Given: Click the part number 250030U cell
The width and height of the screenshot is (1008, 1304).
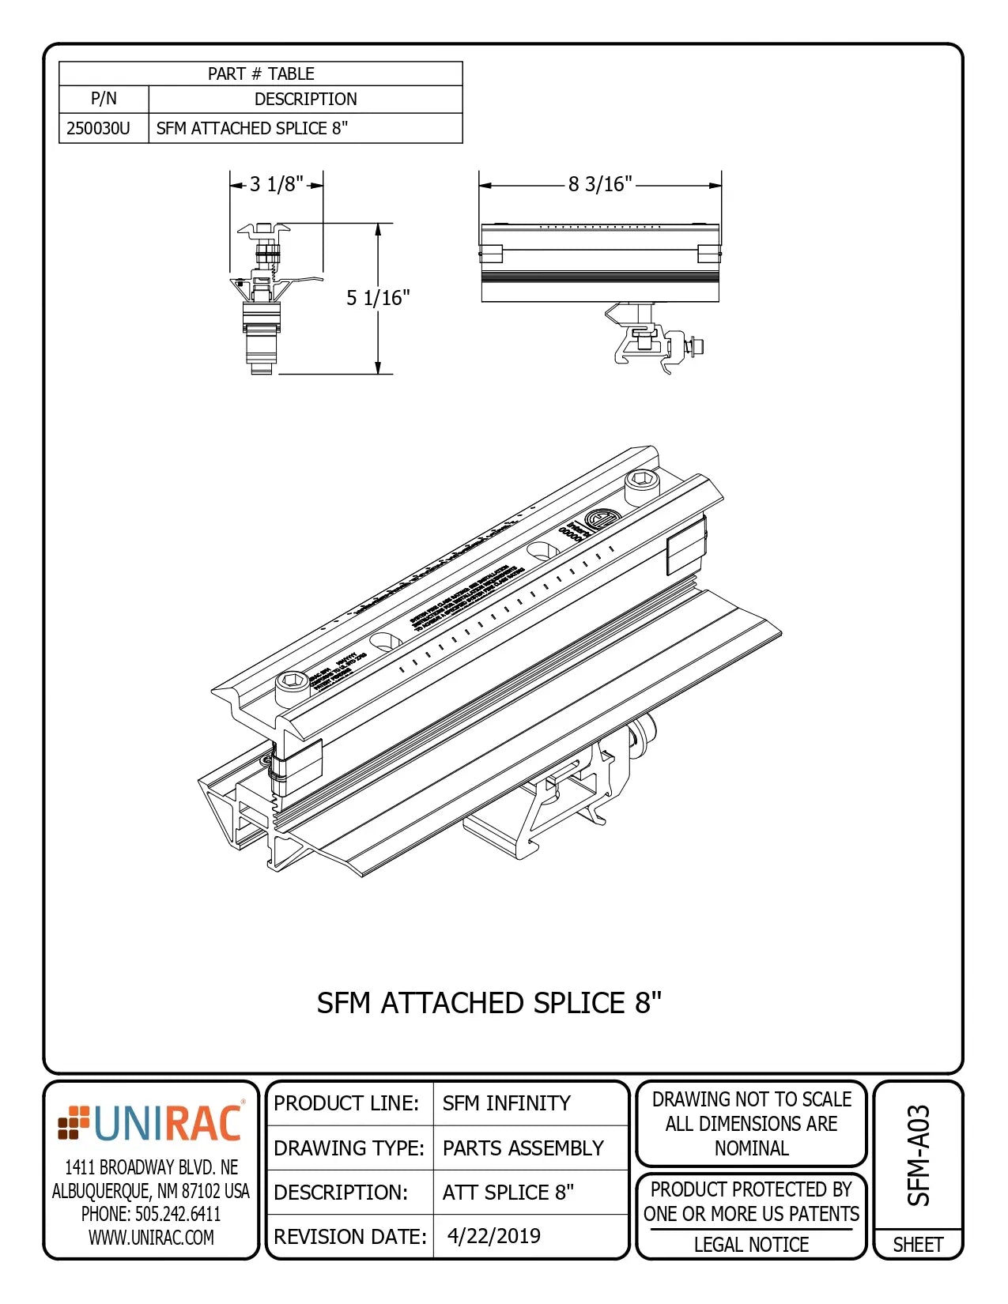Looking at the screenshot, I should tap(99, 128).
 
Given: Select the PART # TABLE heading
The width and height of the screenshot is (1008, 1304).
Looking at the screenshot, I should tap(261, 73).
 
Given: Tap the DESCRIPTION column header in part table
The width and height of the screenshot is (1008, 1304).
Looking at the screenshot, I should tap(305, 99).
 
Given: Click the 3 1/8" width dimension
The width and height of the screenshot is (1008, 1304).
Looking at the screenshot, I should tap(276, 184).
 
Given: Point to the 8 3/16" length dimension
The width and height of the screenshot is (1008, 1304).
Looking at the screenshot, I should tap(600, 184).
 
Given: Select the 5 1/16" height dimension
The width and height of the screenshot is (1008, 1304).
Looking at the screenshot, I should tap(378, 298).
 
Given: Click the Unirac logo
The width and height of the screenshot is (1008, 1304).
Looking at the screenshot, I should tap(150, 1123).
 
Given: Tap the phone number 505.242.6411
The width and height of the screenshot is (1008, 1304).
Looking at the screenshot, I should tap(150, 1214).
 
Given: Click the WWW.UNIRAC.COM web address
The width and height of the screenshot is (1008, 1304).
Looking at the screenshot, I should tap(150, 1238).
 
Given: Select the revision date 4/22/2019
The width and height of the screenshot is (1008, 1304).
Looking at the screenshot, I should tap(494, 1236).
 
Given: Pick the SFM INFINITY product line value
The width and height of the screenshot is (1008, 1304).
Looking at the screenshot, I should tap(506, 1103).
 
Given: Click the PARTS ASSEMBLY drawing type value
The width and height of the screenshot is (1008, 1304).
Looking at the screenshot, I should tap(523, 1148).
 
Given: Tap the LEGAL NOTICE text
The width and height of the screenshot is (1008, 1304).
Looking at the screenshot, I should tap(751, 1245).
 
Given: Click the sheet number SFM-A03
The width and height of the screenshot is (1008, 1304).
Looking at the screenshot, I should tap(918, 1155).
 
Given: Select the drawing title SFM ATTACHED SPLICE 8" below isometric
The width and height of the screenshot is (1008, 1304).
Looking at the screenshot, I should tap(489, 1003).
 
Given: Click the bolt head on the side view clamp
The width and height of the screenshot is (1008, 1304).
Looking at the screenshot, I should tap(696, 345).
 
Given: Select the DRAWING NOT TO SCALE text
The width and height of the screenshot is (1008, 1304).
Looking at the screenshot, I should tap(751, 1099).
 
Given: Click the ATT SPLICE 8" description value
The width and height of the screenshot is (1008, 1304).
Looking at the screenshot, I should tap(508, 1192).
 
